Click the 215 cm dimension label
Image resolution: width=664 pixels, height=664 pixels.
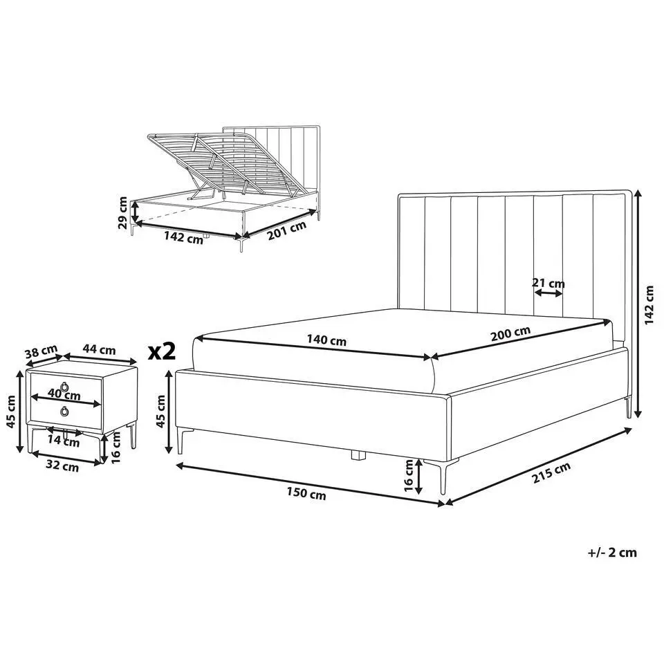(551, 472)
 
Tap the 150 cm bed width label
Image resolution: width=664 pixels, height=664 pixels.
(306, 493)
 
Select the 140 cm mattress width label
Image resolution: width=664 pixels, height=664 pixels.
(326, 340)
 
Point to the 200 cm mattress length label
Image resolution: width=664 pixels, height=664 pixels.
(510, 333)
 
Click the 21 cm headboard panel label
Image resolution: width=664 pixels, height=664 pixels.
(548, 284)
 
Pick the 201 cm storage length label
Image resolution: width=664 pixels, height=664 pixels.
(286, 231)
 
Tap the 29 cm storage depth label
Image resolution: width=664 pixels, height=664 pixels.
(123, 212)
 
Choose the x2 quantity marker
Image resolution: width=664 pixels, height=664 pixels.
(162, 352)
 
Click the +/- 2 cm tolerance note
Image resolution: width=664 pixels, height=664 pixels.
(612, 553)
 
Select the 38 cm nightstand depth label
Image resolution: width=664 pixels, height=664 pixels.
(41, 351)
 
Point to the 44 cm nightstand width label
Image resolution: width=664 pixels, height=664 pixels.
(99, 349)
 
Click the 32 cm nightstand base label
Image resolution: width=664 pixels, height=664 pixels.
(62, 465)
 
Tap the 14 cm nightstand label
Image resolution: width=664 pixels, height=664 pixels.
(64, 441)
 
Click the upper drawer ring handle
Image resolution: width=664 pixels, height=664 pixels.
(65, 386)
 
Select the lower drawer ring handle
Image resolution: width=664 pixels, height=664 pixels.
(65, 411)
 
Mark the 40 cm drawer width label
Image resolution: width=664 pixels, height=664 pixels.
(64, 395)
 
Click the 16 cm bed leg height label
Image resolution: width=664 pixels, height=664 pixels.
(409, 476)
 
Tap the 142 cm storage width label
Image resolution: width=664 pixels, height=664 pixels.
(183, 237)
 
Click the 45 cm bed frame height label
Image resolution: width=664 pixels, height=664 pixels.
(161, 411)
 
